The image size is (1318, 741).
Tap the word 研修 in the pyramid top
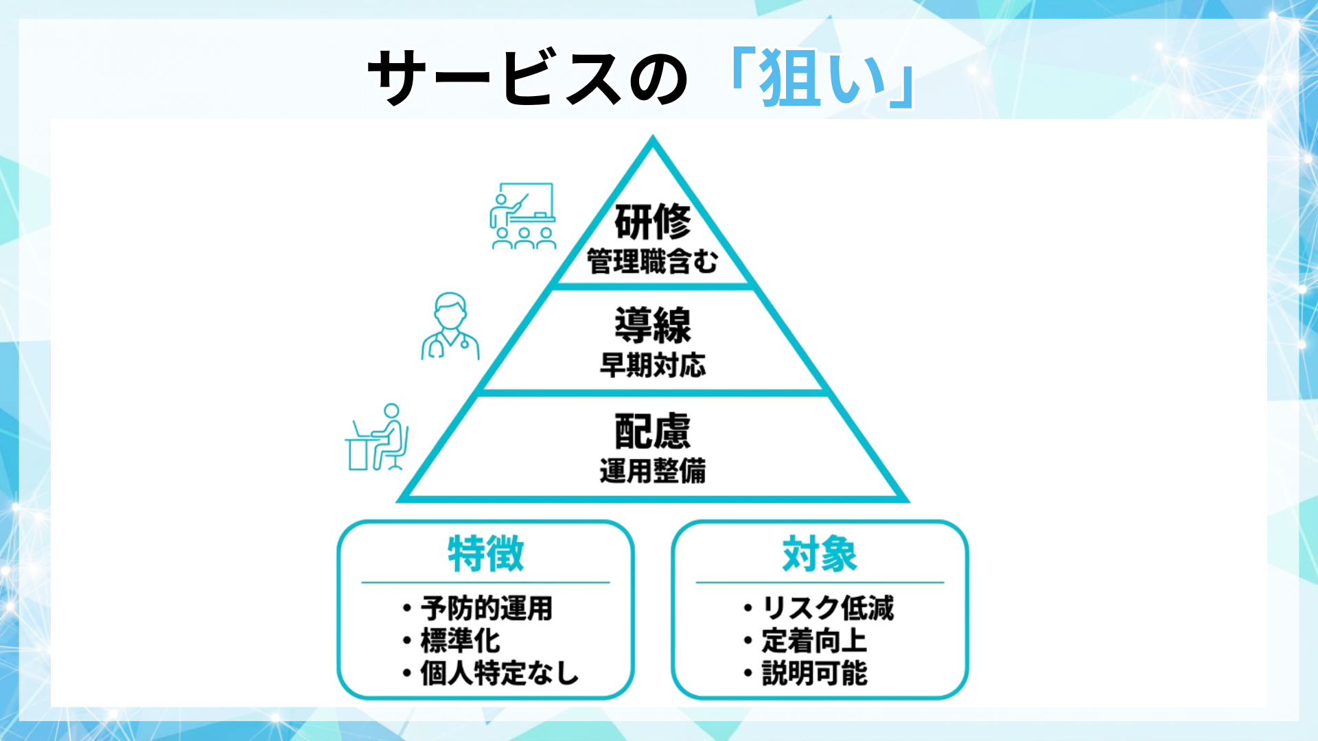click(x=652, y=222)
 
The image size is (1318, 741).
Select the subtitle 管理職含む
click(x=652, y=261)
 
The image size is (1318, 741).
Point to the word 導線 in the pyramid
click(x=652, y=325)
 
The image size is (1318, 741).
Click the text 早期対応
click(x=652, y=365)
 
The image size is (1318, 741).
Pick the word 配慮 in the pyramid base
click(x=652, y=431)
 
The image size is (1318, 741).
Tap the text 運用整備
click(x=652, y=471)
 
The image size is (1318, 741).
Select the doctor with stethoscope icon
click(x=450, y=327)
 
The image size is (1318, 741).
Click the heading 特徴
click(x=485, y=554)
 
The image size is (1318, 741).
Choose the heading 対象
click(x=820, y=554)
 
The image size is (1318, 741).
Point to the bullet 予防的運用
click(x=486, y=609)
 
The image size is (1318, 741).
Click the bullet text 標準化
click(x=460, y=641)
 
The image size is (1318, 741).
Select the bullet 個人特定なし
click(x=499, y=673)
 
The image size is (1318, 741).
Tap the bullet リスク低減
click(x=828, y=609)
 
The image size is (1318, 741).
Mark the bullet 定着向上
click(x=814, y=641)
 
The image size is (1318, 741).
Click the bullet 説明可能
click(x=814, y=673)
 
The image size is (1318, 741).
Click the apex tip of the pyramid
click(x=653, y=139)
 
